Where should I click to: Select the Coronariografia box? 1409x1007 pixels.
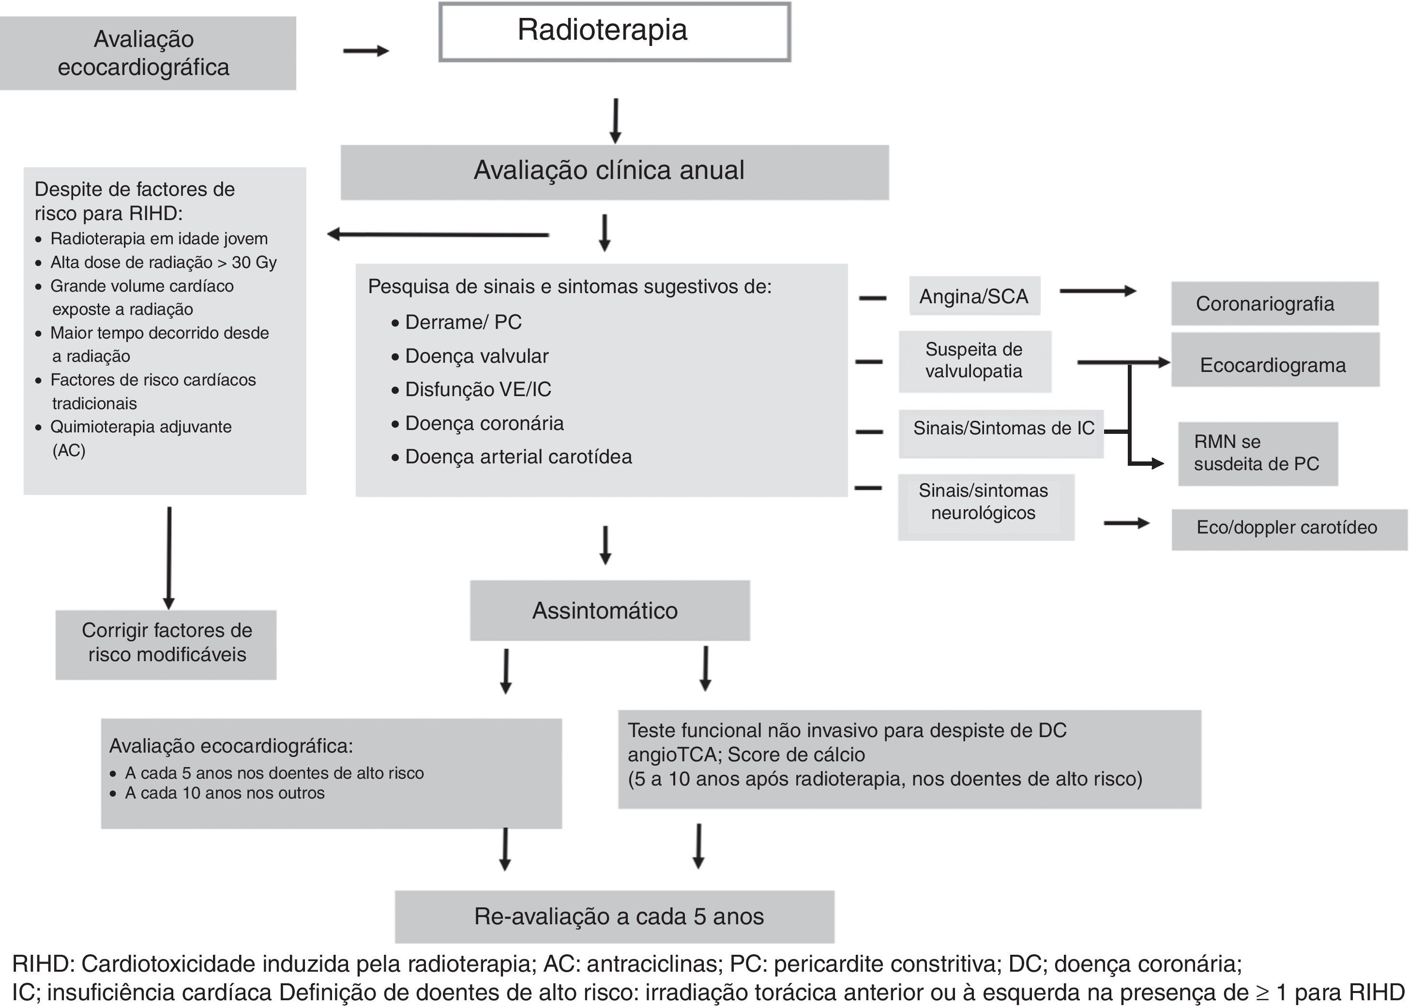1274,304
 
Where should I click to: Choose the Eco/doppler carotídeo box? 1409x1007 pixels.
1288,528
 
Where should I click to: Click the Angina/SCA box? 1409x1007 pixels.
974,296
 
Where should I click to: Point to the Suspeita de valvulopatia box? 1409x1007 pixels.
974,361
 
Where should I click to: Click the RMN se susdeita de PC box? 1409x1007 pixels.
1257,454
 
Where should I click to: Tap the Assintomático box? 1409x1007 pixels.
609,610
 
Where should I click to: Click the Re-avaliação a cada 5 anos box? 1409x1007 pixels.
614,917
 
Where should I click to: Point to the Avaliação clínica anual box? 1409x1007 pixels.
614,172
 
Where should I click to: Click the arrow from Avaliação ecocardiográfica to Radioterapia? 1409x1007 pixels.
366,51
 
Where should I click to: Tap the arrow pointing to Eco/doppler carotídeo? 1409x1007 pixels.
1126,524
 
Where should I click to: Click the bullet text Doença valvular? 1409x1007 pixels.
476,356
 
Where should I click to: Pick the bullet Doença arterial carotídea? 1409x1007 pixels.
518,457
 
